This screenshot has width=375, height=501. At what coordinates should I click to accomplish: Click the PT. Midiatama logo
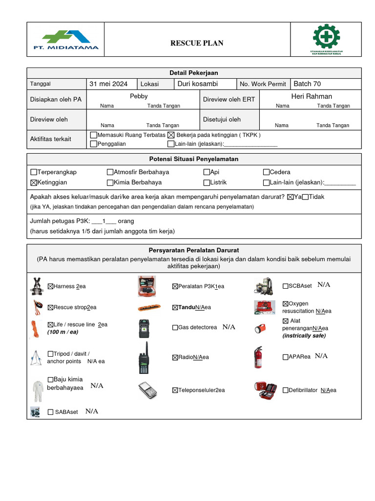[70, 40]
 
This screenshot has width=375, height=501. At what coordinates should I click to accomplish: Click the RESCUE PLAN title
[197, 43]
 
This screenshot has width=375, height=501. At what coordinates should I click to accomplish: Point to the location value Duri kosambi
[197, 84]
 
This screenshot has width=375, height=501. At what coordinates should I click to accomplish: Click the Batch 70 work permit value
[307, 84]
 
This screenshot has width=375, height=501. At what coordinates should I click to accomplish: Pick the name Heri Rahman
[311, 96]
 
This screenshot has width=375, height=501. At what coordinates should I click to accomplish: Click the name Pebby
[139, 96]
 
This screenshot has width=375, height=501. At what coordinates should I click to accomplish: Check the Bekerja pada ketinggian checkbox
[171, 135]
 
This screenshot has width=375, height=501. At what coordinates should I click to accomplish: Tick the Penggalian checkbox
[94, 144]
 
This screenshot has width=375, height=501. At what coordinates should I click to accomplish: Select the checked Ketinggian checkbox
[34, 182]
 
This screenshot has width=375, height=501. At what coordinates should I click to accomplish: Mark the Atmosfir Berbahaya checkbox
[110, 172]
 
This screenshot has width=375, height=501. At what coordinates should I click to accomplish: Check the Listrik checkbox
[207, 182]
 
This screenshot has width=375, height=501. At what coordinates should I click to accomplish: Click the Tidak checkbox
[306, 197]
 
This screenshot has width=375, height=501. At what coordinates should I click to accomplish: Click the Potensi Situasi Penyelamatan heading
[193, 159]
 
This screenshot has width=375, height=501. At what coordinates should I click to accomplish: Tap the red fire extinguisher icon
[258, 358]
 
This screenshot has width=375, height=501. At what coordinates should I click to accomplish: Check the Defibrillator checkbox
[286, 390]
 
